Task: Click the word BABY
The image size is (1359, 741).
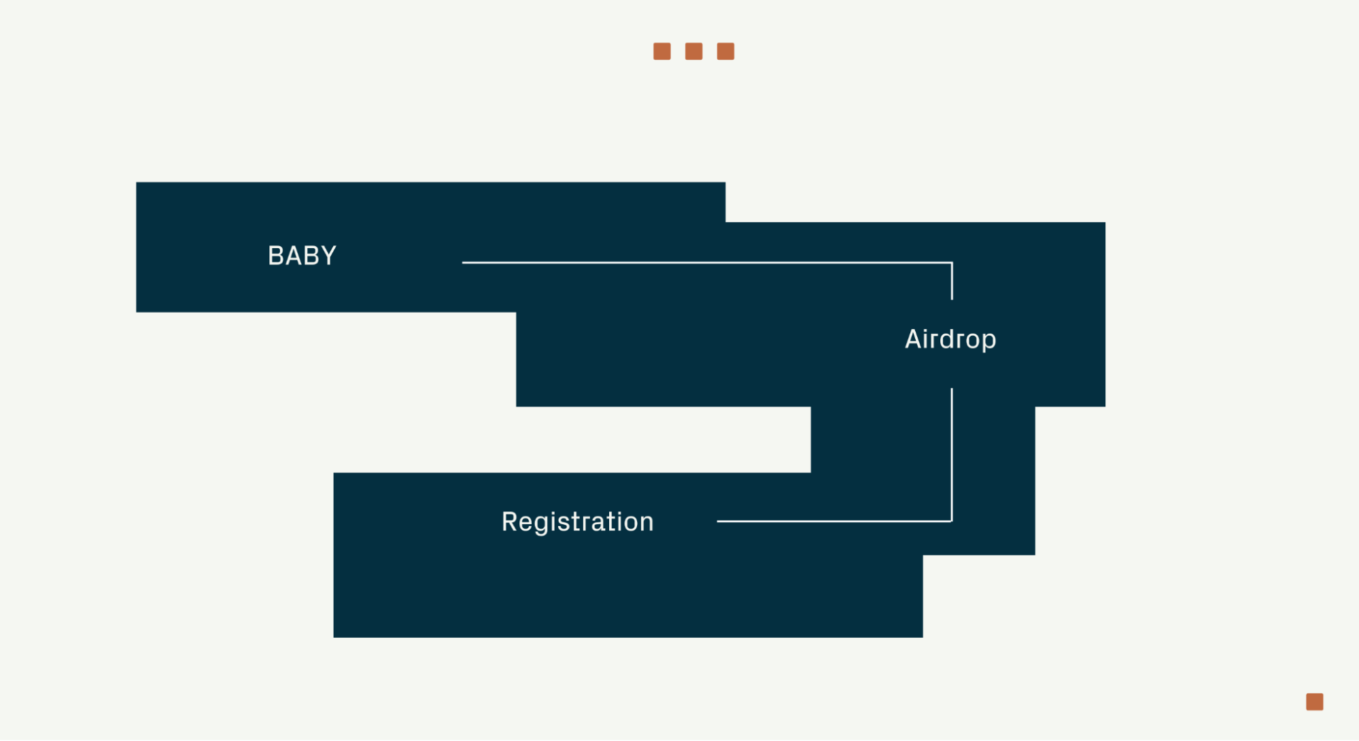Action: (302, 256)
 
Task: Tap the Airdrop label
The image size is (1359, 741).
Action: (950, 339)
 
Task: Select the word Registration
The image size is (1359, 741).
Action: (577, 521)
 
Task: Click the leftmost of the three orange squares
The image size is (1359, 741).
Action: (661, 52)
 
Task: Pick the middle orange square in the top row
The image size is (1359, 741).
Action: (693, 52)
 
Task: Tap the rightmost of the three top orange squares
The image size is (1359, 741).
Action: (725, 52)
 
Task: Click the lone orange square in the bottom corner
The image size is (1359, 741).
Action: (1314, 702)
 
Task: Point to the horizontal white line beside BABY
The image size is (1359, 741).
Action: (707, 262)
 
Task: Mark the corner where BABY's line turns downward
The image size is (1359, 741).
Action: (952, 262)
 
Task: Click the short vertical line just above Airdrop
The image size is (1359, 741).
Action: (952, 282)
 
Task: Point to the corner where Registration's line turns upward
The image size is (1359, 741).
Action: (952, 521)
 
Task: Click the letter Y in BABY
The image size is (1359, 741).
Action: (328, 256)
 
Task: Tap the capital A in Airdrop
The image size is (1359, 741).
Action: (913, 339)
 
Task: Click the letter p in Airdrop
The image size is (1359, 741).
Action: (988, 341)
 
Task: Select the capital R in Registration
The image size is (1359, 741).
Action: (509, 521)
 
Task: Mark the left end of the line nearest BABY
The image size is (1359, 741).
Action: (464, 262)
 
